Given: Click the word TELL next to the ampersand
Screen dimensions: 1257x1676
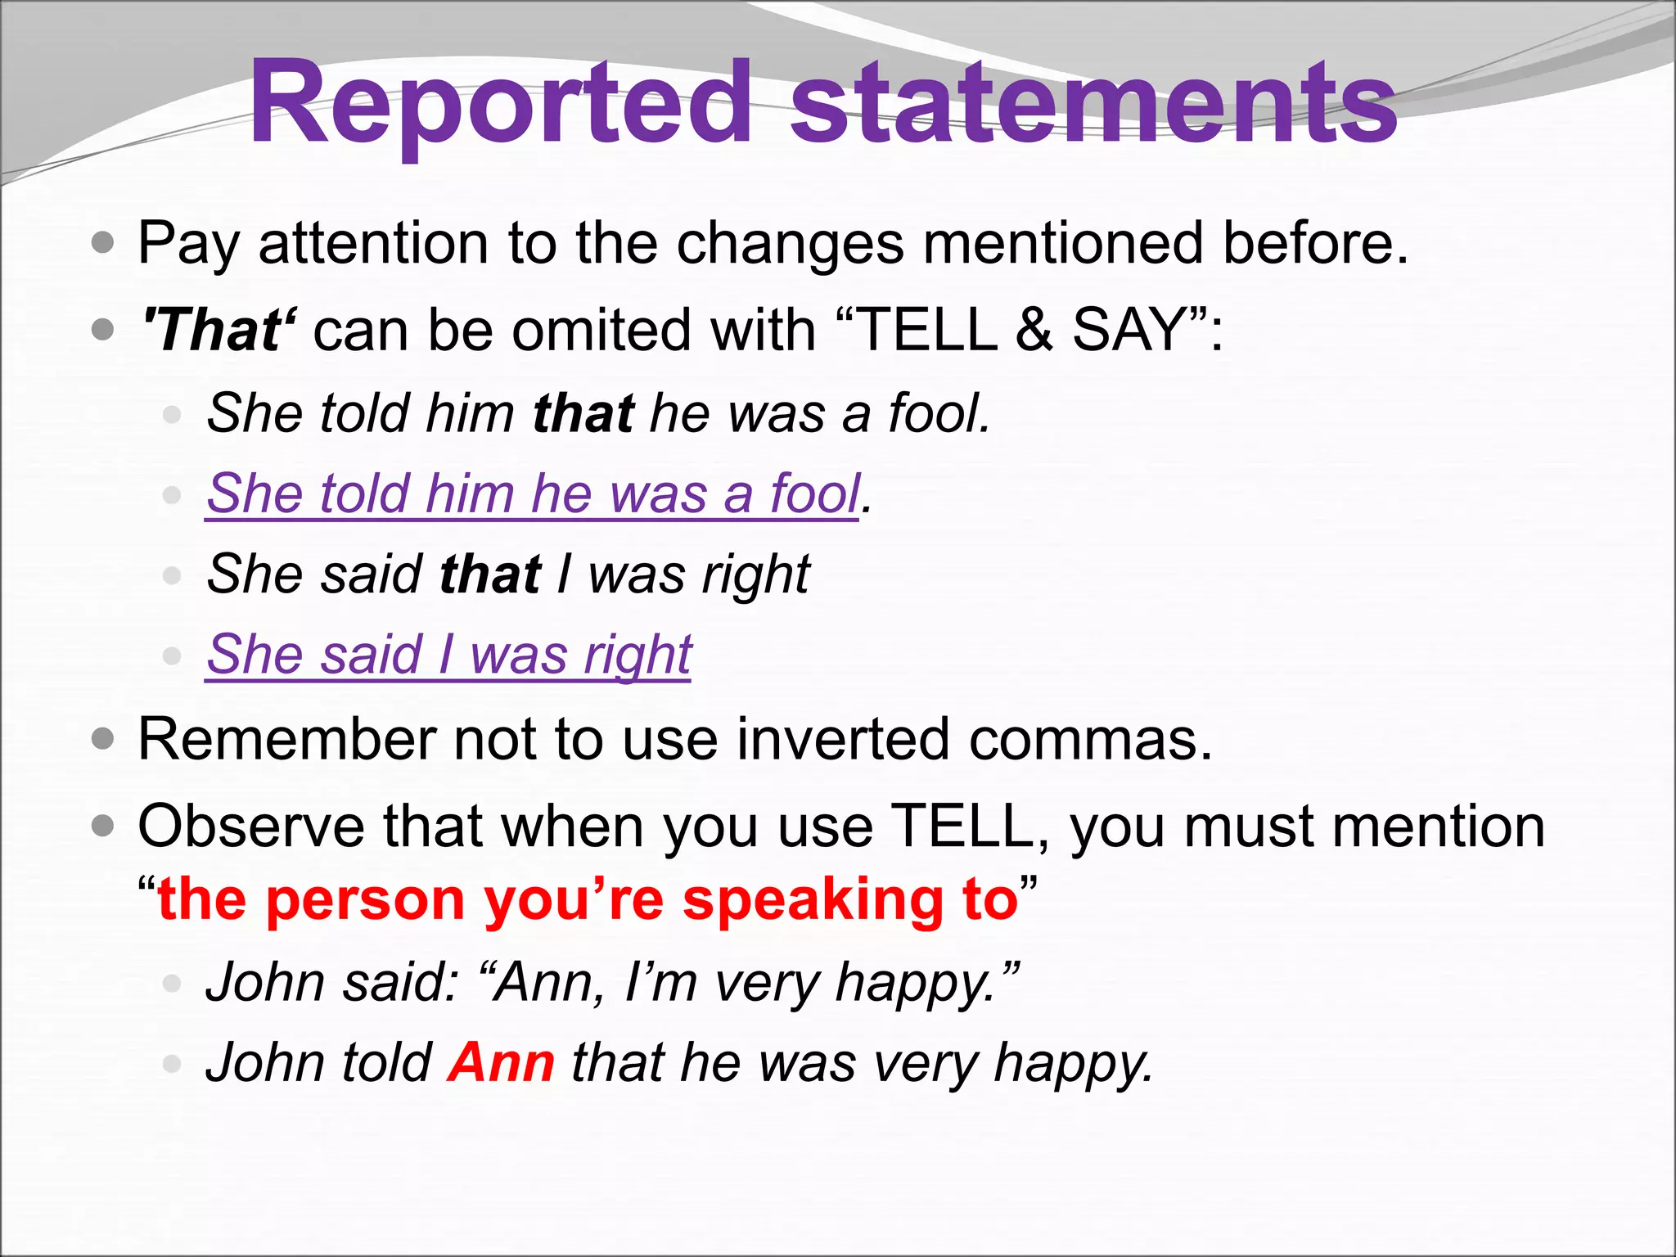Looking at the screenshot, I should [x=928, y=330].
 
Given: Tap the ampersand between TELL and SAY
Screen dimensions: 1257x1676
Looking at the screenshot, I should [x=1034, y=330].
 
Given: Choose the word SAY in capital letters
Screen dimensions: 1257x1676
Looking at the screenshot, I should [x=1129, y=330].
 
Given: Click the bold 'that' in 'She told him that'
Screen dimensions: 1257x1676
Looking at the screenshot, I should [x=583, y=412].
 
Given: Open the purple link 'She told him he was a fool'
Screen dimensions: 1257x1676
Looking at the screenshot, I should [x=532, y=493].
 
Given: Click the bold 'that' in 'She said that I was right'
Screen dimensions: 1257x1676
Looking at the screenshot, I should [x=489, y=574].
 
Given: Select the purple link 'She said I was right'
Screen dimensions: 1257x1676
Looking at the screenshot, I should [x=448, y=655].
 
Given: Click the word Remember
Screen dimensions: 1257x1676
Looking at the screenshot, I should [x=286, y=739].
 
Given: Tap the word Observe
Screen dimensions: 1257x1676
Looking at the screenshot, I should [x=250, y=827].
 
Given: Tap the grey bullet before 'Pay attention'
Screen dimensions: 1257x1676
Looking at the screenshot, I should [x=103, y=243].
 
